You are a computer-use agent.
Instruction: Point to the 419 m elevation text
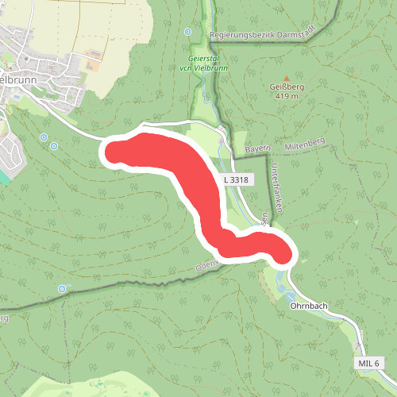[x=287, y=96]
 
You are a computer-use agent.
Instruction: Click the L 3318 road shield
[x=237, y=180]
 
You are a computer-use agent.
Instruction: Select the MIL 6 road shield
[x=368, y=363]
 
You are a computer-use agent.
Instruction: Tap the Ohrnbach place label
[x=309, y=305]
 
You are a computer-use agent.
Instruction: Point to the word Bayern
[x=259, y=148]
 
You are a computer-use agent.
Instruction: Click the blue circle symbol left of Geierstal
[x=187, y=32]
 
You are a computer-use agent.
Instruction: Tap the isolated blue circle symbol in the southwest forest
[x=63, y=288]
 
